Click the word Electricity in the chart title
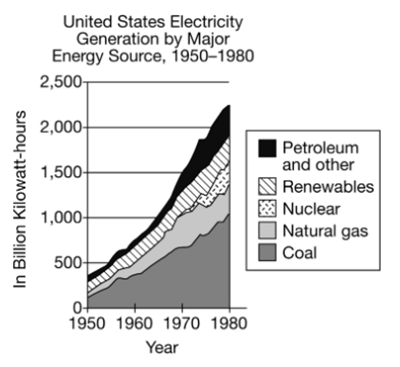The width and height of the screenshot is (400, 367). pyautogui.click(x=206, y=22)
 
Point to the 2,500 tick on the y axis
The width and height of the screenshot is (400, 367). pyautogui.click(x=61, y=82)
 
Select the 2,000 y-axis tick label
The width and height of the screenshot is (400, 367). pyautogui.click(x=61, y=127)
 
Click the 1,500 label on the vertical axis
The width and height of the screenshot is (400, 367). pyautogui.click(x=61, y=172)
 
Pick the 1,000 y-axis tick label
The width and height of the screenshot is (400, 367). pyautogui.click(x=61, y=217)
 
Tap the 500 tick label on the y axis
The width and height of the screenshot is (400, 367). pyautogui.click(x=67, y=263)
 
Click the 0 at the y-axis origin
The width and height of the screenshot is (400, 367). pyautogui.click(x=77, y=307)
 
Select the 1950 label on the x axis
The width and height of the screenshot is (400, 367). pyautogui.click(x=87, y=324)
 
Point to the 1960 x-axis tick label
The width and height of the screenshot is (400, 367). pyautogui.click(x=135, y=324)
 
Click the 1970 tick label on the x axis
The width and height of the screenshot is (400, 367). pyautogui.click(x=182, y=324)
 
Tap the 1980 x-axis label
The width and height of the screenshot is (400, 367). pyautogui.click(x=229, y=324)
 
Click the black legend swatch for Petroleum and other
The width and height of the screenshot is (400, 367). pyautogui.click(x=267, y=148)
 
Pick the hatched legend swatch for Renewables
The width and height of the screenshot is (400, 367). pyautogui.click(x=267, y=187)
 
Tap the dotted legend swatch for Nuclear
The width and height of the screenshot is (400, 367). pyautogui.click(x=267, y=209)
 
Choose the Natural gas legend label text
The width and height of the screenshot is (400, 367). pyautogui.click(x=325, y=231)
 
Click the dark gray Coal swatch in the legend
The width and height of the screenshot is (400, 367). pyautogui.click(x=267, y=253)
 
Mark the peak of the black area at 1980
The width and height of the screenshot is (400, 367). pyautogui.click(x=228, y=106)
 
